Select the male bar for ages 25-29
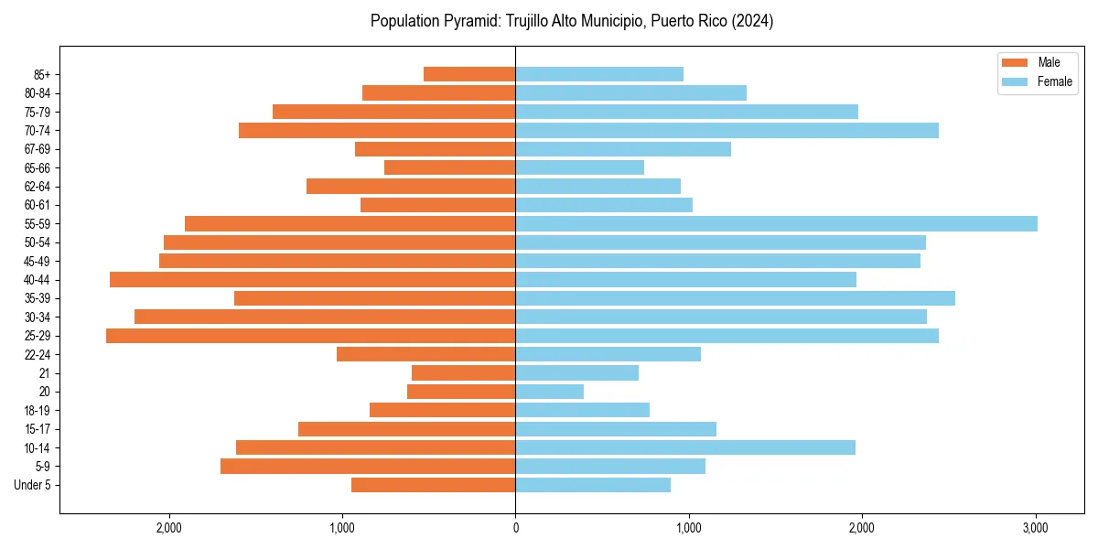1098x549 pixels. [x=311, y=336]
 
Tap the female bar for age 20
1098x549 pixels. [x=549, y=392]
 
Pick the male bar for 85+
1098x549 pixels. [x=469, y=74]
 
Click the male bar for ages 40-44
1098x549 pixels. [x=313, y=280]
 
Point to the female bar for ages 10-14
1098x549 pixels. [x=685, y=447]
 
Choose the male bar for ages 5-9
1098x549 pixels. [x=368, y=467]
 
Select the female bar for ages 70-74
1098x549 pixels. [x=727, y=131]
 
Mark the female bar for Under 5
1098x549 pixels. [x=593, y=485]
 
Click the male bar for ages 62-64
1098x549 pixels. [x=411, y=187]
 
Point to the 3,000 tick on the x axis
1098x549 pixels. [x=1035, y=528]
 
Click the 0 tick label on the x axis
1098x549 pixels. [x=515, y=528]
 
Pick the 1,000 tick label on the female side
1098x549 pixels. [x=688, y=528]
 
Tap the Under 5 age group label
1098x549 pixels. [x=32, y=485]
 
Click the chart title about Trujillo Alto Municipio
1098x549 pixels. [x=572, y=21]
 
